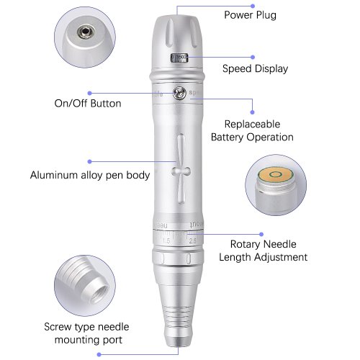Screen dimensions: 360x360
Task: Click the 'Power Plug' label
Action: [250, 15]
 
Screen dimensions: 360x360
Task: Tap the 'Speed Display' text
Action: [255, 69]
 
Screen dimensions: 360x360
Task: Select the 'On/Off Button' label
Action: [88, 104]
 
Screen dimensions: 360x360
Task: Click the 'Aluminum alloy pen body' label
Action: [90, 175]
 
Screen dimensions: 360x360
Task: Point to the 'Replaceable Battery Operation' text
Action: [252, 131]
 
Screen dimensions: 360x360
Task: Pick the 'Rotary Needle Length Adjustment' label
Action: [263, 251]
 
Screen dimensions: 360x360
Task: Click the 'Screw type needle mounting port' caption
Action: [86, 333]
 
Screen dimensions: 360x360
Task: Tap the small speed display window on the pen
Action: [179, 58]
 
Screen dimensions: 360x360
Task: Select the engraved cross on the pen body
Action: [181, 169]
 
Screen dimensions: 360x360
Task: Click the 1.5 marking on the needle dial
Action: [166, 240]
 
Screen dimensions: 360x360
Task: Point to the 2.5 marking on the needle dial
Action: [193, 240]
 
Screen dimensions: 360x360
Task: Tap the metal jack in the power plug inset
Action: [85, 32]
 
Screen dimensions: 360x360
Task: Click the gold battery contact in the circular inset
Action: [275, 174]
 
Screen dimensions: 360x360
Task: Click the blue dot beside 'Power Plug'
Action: [253, 6]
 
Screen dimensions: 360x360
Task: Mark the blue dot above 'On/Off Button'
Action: [90, 93]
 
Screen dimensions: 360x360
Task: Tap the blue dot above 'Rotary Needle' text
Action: [261, 234]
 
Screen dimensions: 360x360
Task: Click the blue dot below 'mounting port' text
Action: [99, 354]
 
